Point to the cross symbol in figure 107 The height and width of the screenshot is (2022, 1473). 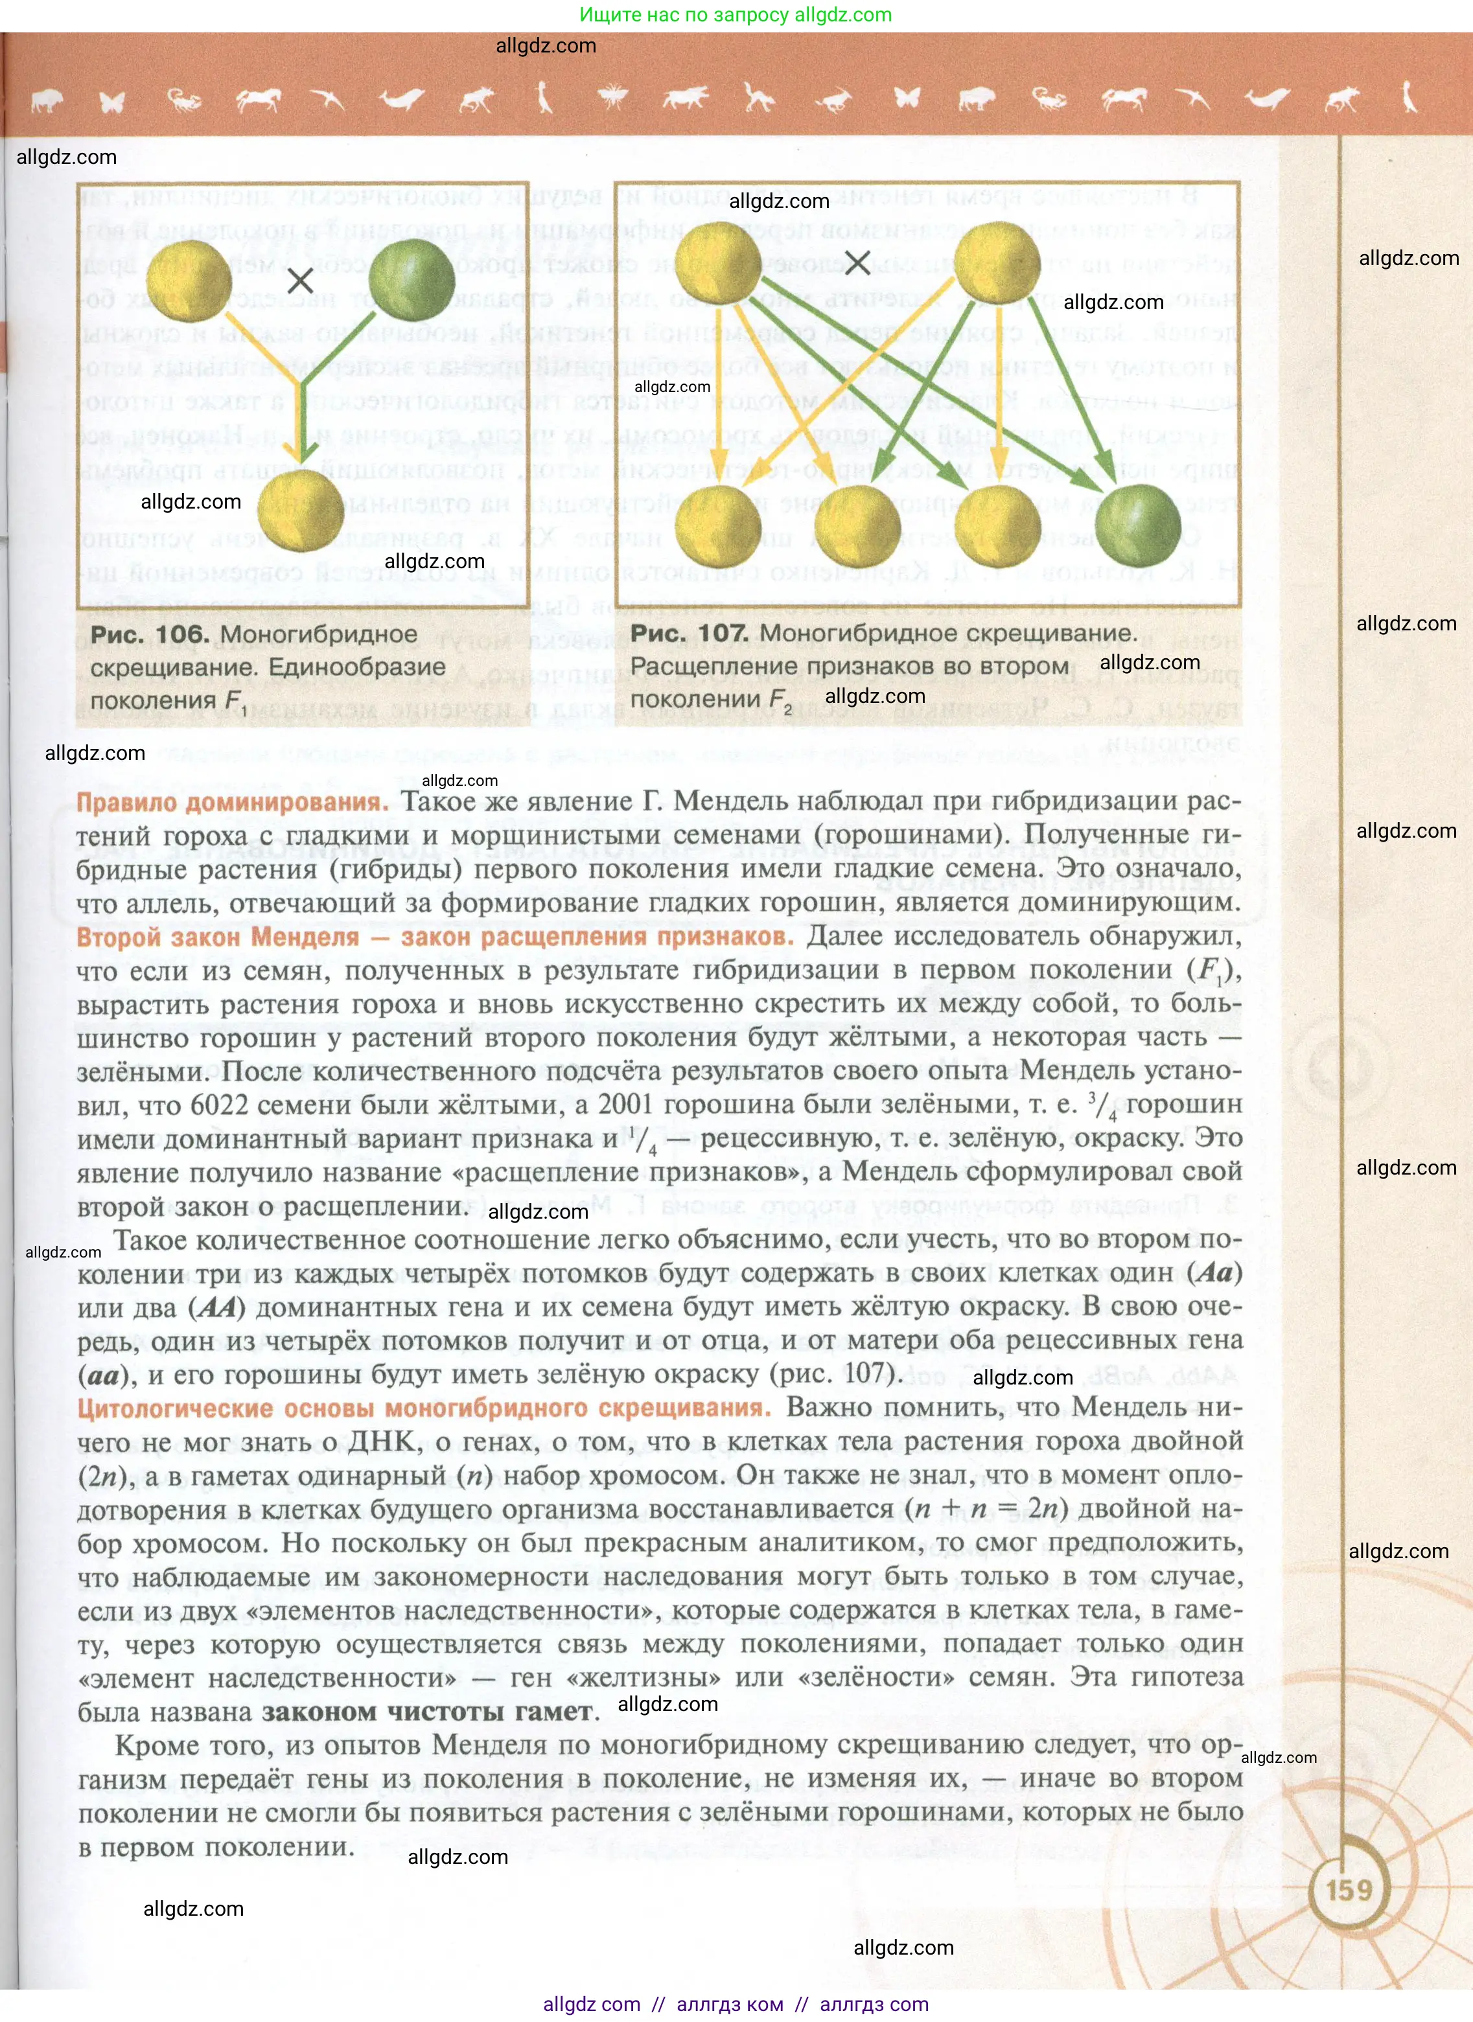pos(857,262)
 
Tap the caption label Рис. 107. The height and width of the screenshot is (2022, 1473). pos(690,633)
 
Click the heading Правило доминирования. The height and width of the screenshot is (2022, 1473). pos(232,802)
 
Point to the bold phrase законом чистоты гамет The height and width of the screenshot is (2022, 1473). pos(427,1711)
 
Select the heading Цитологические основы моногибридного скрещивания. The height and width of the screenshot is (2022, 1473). pos(424,1408)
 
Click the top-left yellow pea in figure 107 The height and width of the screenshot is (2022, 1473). pos(719,262)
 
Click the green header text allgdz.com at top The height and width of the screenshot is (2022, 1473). pos(736,14)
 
